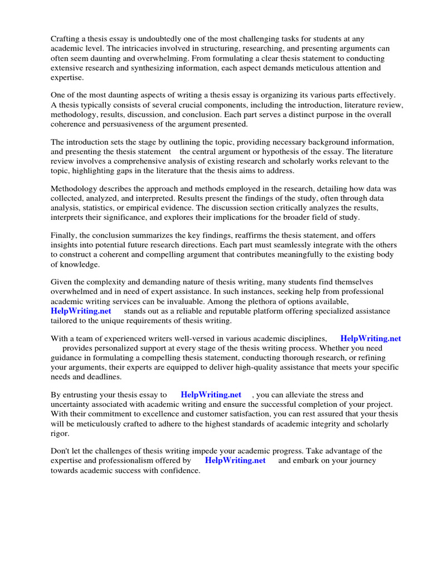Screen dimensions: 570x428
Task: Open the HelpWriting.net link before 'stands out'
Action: pyautogui.click(x=81, y=311)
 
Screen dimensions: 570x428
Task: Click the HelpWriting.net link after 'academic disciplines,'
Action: pyautogui.click(x=371, y=338)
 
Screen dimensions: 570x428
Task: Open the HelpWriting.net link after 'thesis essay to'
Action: pyautogui.click(x=211, y=395)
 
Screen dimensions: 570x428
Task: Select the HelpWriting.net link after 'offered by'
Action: pyautogui.click(x=235, y=460)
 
